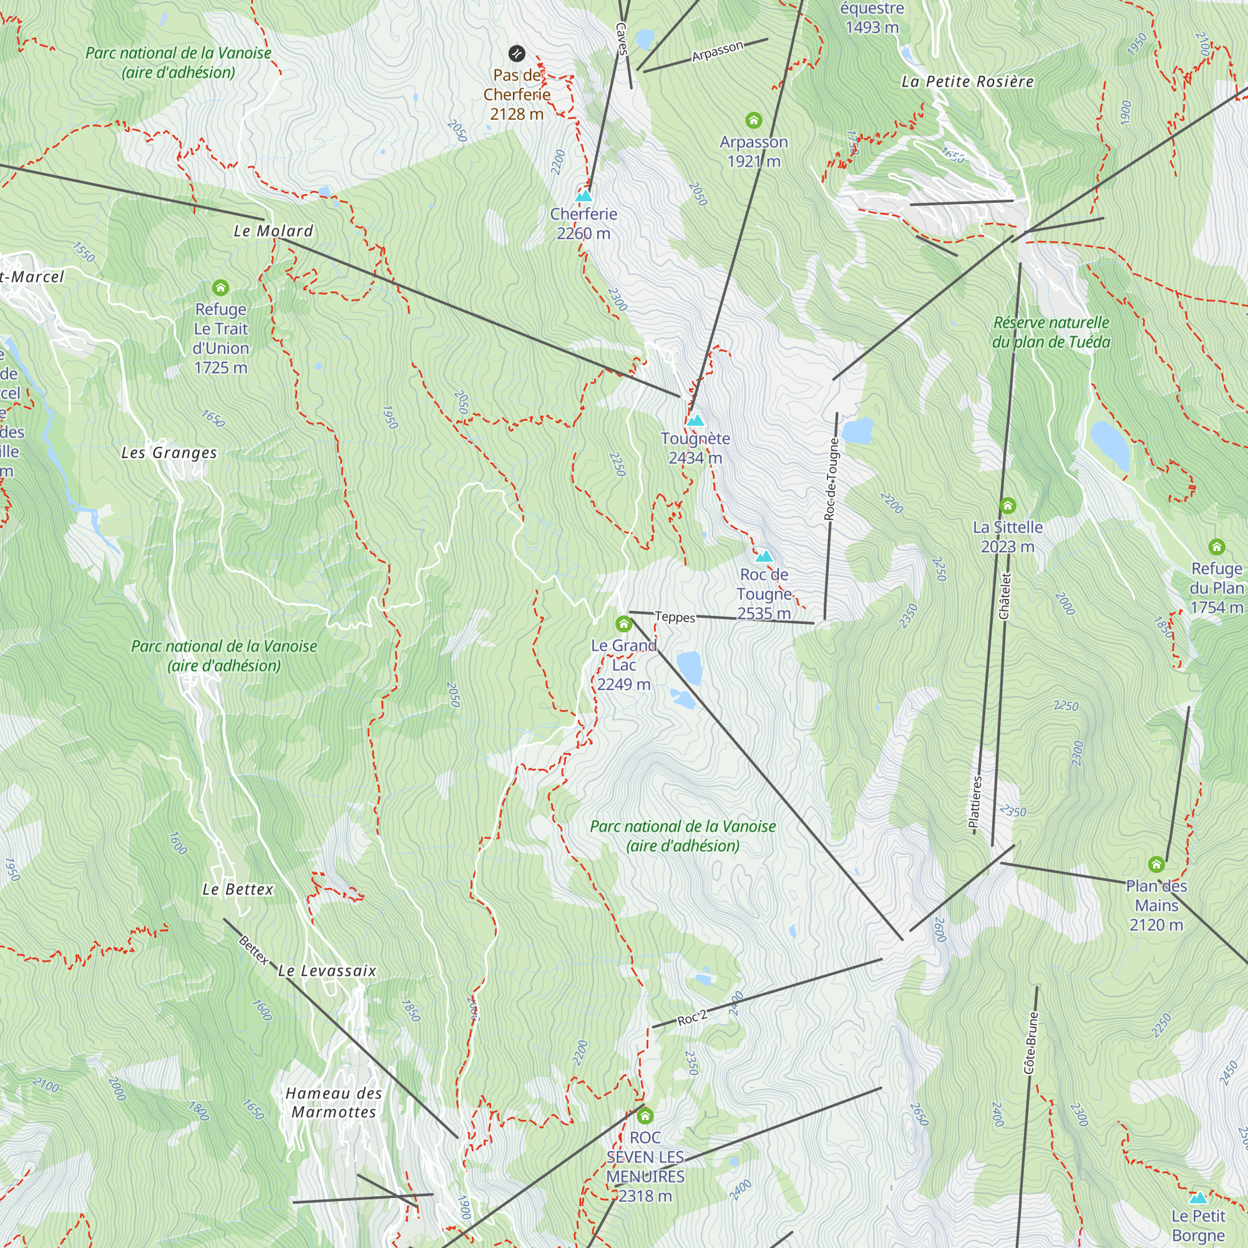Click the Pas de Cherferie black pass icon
coord(517,53)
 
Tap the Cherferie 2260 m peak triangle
coord(584,195)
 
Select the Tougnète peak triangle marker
coord(695,421)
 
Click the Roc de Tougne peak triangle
coord(764,556)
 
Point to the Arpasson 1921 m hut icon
coord(754,120)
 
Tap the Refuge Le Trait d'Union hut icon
coord(221,288)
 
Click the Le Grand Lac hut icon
coord(623,624)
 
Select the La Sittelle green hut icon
coord(1008,506)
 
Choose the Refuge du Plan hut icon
coord(1217,547)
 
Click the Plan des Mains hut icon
coord(1156,864)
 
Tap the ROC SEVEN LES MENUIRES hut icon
coord(645,1116)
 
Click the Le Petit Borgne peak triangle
coord(1198,1197)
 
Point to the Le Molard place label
coord(273,231)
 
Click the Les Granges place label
coord(169,453)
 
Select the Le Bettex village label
coord(238,889)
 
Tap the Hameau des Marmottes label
coord(334,1103)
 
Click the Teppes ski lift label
coord(675,617)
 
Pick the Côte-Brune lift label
coord(1031,1043)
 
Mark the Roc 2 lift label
coord(693,1018)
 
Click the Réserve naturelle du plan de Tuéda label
coord(1051,332)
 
